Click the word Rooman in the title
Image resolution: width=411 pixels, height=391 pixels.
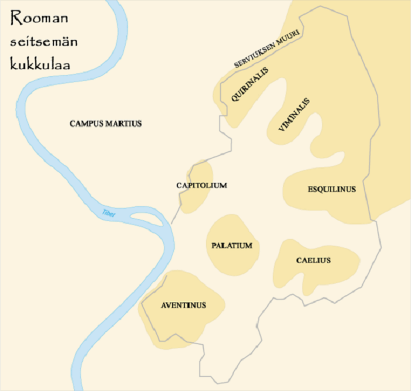(x=39, y=19)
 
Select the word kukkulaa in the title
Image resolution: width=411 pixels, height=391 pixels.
(x=40, y=64)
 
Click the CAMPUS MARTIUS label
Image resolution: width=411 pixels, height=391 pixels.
(x=106, y=124)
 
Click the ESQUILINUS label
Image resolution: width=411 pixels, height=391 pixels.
(x=332, y=189)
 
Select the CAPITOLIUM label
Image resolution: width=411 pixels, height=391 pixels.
(x=201, y=185)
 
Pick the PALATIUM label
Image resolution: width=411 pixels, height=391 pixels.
(x=231, y=246)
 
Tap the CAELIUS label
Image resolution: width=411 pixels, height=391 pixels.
(x=313, y=260)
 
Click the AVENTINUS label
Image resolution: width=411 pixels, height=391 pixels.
(x=183, y=305)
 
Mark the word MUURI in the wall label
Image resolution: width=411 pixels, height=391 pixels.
(x=291, y=35)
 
